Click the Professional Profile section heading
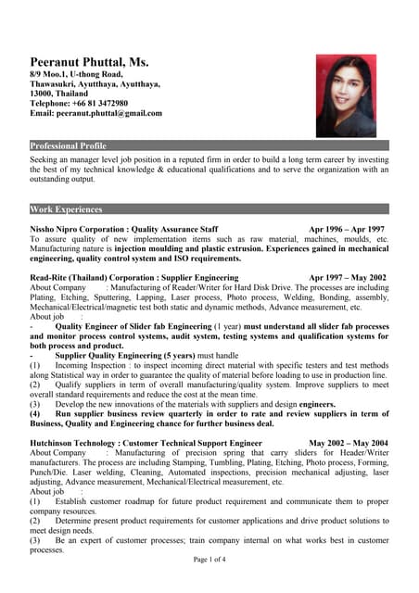click(69, 146)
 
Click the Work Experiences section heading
click(66, 209)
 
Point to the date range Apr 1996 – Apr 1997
click(347, 229)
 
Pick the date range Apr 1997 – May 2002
click(348, 277)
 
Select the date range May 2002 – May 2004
click(349, 443)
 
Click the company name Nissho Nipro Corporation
click(78, 229)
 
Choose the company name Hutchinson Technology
click(73, 443)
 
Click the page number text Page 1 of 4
click(209, 561)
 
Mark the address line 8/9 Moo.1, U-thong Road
click(76, 73)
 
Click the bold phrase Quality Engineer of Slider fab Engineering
click(133, 326)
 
